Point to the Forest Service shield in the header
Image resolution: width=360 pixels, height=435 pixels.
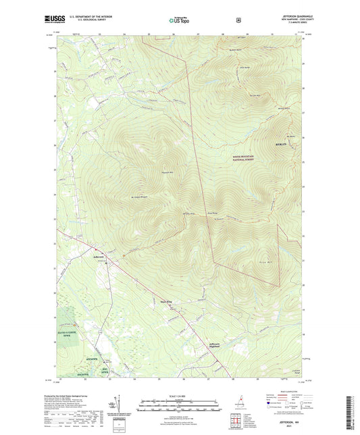pos(238,20)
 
